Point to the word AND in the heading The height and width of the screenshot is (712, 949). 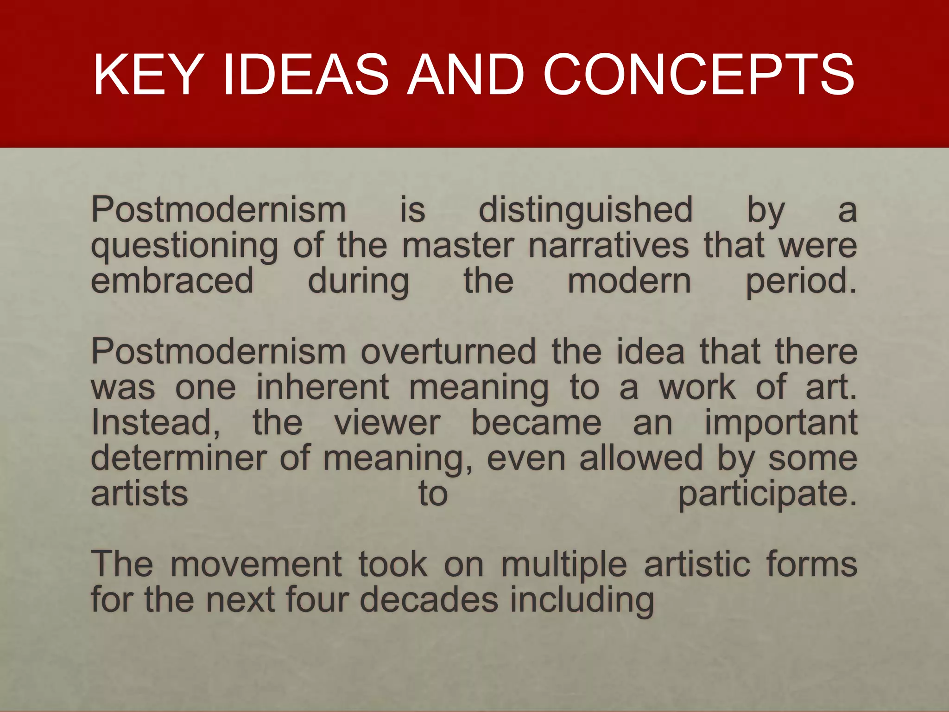click(x=465, y=75)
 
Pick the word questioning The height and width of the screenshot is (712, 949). click(x=184, y=246)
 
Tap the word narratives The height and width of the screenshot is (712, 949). click(x=608, y=245)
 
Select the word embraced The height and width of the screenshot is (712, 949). click(x=172, y=281)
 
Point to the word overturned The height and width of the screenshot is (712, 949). click(x=448, y=352)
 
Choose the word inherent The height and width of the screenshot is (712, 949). click(x=323, y=387)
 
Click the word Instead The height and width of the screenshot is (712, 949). click(x=156, y=423)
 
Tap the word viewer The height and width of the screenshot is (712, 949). click(x=387, y=423)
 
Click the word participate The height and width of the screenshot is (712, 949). click(x=767, y=494)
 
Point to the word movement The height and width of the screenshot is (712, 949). click(x=256, y=564)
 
